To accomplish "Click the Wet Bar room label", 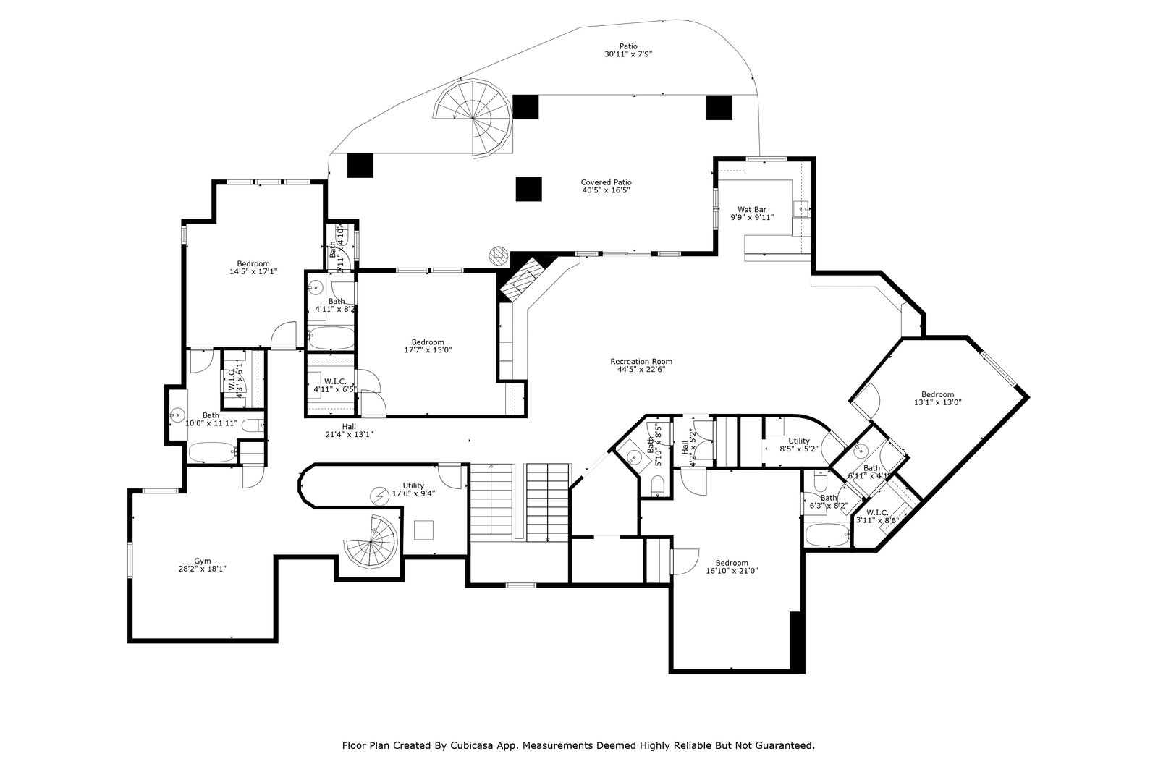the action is click(x=752, y=213).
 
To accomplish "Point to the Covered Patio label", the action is click(x=606, y=186).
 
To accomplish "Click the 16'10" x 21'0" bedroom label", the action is click(x=732, y=567).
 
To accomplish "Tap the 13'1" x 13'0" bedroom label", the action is click(x=937, y=399).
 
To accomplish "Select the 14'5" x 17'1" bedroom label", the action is click(x=253, y=268).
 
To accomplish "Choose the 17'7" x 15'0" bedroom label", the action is click(x=428, y=346).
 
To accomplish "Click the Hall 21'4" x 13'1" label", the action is click(x=349, y=430).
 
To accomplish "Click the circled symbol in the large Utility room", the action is click(x=379, y=495).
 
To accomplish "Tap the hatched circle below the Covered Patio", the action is click(x=498, y=255).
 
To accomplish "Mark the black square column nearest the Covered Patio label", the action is click(x=529, y=189).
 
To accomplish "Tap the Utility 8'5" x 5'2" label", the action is click(x=799, y=445).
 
